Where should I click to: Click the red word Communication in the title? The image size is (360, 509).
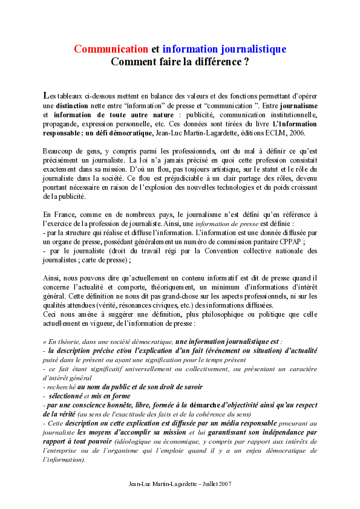pyautogui.click(x=111, y=49)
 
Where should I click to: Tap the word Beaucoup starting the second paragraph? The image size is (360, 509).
pyautogui.click(x=59, y=151)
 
